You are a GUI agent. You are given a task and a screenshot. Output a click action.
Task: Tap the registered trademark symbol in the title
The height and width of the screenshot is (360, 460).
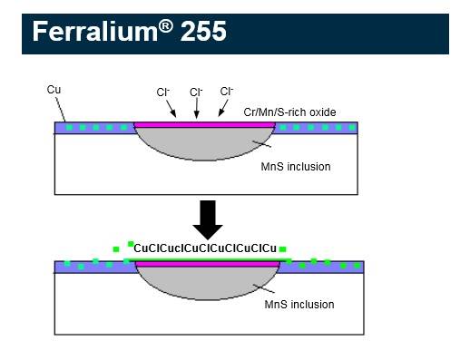[164, 24]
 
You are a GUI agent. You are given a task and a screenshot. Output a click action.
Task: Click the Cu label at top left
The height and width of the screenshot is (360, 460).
[54, 90]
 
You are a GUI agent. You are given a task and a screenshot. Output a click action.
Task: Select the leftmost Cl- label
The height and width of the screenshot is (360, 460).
[163, 92]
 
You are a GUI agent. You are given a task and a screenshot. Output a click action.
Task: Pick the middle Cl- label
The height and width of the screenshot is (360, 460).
[196, 92]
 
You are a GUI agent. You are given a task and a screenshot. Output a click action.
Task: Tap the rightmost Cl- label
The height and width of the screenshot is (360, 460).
[226, 92]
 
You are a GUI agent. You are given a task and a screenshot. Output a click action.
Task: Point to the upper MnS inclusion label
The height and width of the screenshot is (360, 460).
[296, 167]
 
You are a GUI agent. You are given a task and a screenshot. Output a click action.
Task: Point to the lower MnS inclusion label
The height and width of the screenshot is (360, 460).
[299, 304]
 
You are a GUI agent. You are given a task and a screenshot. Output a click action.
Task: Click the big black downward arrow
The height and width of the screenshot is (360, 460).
[208, 220]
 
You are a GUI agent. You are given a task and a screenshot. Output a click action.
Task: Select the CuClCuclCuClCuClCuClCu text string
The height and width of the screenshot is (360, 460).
[205, 248]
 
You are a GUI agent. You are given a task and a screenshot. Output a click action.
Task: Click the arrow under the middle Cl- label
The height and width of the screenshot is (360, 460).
[197, 110]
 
